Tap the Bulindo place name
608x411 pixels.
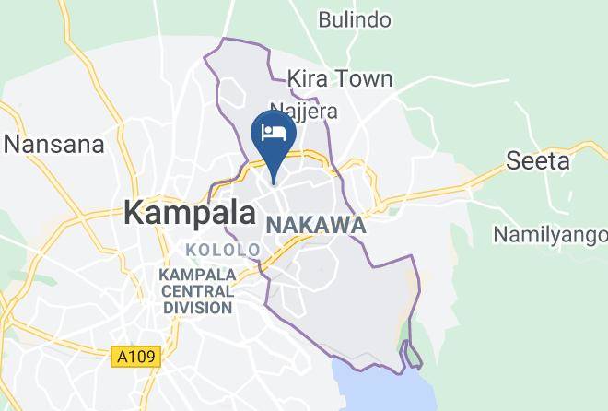(x=355, y=19)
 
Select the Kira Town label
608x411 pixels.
(x=340, y=79)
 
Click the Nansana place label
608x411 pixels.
(x=54, y=144)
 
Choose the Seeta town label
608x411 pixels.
(x=539, y=161)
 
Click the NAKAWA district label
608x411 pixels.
(x=316, y=226)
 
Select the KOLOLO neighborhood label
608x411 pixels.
(x=223, y=250)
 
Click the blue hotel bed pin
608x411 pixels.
(x=274, y=135)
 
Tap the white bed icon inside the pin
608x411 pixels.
(x=274, y=132)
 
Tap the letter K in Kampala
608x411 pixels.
(x=134, y=213)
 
